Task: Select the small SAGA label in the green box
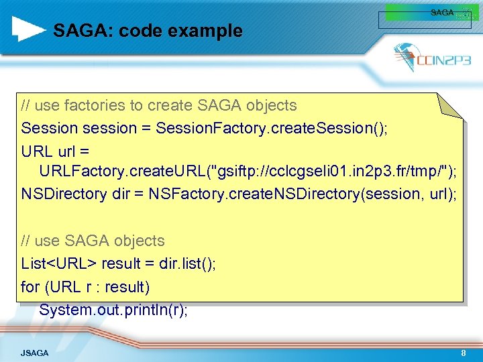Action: pyautogui.click(x=442, y=13)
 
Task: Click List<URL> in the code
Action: pyautogui.click(x=59, y=263)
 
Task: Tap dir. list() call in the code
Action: pyautogui.click(x=187, y=263)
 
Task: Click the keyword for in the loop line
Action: pyautogui.click(x=30, y=287)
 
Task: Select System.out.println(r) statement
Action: pyautogui.click(x=113, y=310)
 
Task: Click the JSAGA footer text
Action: pyautogui.click(x=34, y=353)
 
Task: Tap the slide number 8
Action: pyautogui.click(x=464, y=353)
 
